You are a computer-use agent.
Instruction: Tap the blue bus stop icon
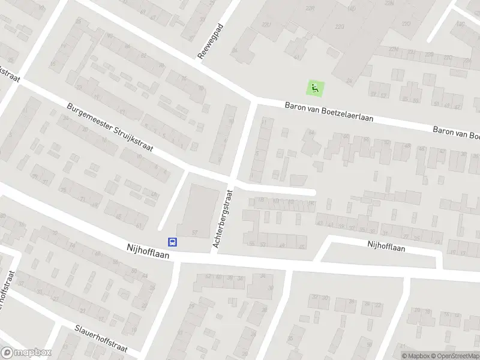172,242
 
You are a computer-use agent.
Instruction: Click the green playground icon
313,88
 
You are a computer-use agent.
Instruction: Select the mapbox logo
26,353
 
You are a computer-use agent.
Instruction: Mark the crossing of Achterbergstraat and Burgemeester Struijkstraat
232,180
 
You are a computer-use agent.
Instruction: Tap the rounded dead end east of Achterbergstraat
312,192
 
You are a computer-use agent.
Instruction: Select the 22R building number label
310,8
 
